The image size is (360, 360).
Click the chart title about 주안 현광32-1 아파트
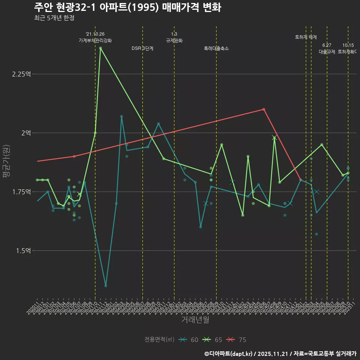coord(127,7)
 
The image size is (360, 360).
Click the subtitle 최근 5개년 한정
coord(56,18)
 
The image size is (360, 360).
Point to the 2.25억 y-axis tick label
coord(21,74)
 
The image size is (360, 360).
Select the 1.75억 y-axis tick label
coord(21,192)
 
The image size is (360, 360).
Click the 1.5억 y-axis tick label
coord(23,250)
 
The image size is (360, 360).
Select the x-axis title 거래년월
coord(195,319)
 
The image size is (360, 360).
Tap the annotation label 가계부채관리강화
coord(95,40)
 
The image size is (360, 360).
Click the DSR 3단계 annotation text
coord(142,48)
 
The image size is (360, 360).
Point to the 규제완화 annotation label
coord(174,40)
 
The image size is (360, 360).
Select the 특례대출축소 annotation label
coord(216,48)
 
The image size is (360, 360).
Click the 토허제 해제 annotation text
coord(306,37)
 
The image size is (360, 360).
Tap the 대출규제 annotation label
coord(327,52)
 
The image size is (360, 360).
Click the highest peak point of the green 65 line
coord(100,48)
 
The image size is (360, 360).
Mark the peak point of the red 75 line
coord(264,109)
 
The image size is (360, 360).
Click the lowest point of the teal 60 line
coord(106,286)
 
